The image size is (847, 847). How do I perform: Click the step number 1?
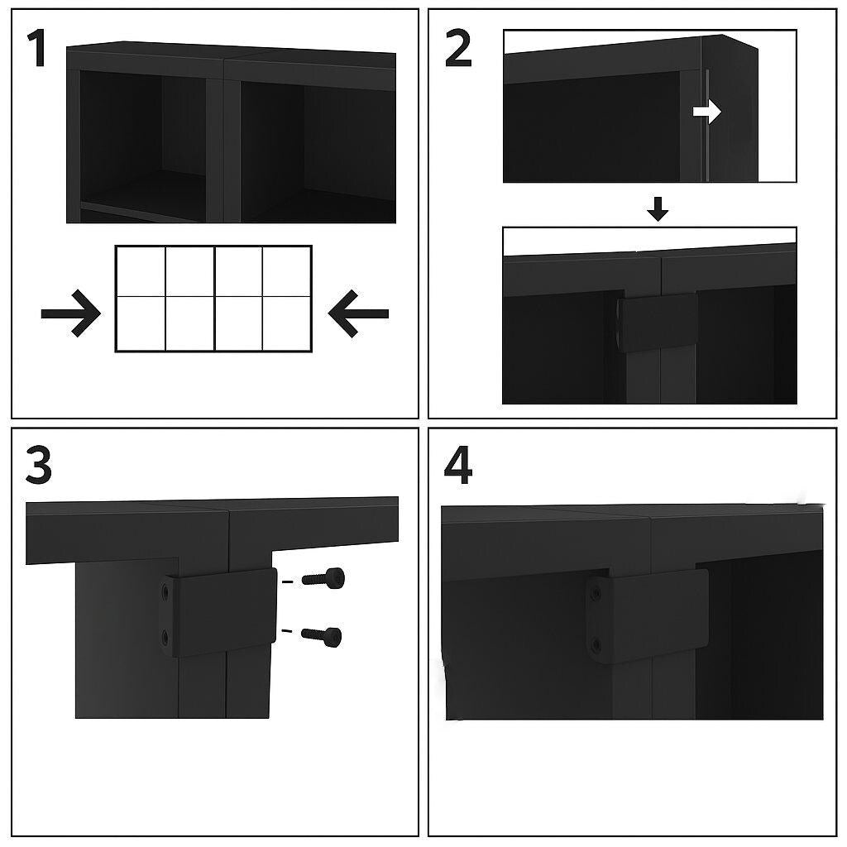[x=37, y=50]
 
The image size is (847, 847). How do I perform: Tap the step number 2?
[x=457, y=50]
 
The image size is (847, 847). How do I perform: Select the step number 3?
[x=38, y=466]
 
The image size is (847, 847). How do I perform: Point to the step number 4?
[x=457, y=466]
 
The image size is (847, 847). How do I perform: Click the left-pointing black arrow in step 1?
[x=358, y=313]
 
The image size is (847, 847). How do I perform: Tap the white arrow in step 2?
[x=707, y=112]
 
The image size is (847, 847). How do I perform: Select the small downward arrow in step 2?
[x=658, y=211]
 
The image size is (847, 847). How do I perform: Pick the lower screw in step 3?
[x=322, y=634]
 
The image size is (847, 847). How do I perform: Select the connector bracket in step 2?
[x=659, y=322]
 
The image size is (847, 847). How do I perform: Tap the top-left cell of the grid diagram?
[x=141, y=270]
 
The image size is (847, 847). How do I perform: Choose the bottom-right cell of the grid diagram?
[x=287, y=323]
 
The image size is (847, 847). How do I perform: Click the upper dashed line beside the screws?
[x=287, y=582]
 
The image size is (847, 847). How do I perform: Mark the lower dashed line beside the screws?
[x=287, y=632]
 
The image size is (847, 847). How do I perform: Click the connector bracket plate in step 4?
[x=653, y=614]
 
